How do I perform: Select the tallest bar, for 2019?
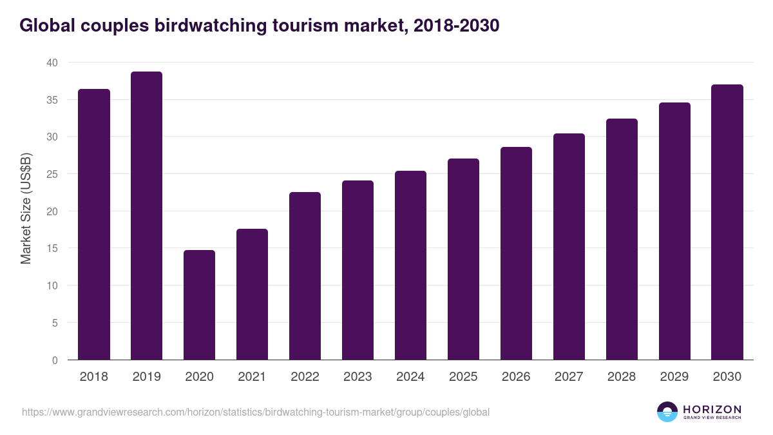(146, 216)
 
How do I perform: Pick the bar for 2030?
(727, 222)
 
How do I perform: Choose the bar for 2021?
(252, 295)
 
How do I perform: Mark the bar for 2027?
(569, 247)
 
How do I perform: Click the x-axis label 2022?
(305, 377)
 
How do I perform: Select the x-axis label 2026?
(516, 377)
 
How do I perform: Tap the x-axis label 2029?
(674, 377)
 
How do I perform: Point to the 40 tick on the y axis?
(52, 63)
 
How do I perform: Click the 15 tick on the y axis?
(52, 249)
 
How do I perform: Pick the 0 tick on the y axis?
(54, 360)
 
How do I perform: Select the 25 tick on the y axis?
(52, 174)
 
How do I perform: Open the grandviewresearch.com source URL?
(256, 412)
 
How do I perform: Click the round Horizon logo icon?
(667, 412)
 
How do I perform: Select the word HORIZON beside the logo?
(712, 409)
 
